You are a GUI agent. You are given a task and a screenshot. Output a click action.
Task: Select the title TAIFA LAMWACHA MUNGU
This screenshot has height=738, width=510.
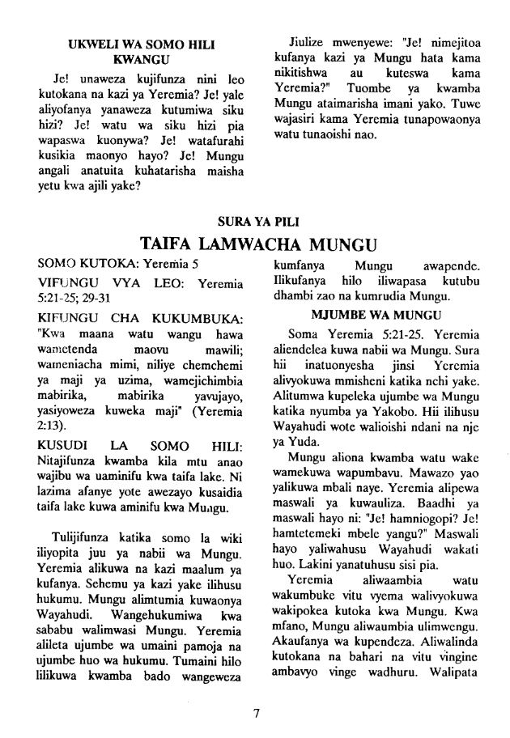tap(255, 244)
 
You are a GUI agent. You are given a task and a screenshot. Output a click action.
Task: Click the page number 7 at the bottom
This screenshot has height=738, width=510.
tap(256, 712)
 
